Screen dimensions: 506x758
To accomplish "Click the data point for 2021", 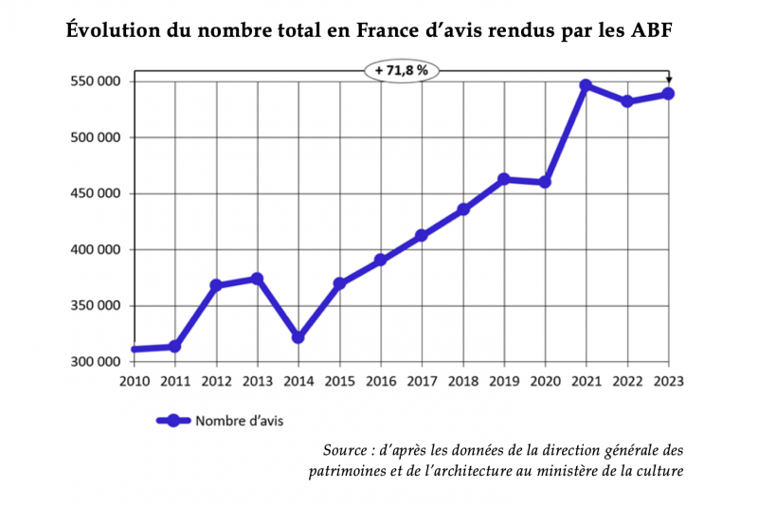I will coord(586,85).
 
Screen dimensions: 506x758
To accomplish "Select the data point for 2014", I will coord(298,337).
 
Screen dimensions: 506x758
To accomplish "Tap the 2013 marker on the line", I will coord(257,279).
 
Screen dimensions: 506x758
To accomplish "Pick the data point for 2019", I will coord(504,179).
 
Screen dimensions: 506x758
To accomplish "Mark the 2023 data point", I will coord(668,93).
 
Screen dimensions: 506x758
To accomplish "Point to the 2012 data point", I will coord(216,285).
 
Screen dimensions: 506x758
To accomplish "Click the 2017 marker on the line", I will coord(422,236).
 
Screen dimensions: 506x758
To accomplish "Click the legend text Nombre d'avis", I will coord(239,420).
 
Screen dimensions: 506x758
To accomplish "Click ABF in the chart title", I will coord(656,30).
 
